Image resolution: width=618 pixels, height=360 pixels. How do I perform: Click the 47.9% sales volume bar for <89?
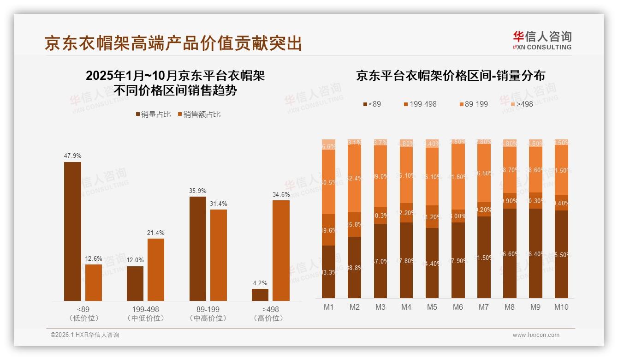point(72,231)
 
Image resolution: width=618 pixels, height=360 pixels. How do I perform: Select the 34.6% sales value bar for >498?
point(281,250)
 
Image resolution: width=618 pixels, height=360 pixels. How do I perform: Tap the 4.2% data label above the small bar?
point(260,283)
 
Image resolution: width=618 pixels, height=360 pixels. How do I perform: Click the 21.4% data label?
point(155,233)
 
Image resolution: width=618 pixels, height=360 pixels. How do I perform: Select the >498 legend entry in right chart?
point(521,104)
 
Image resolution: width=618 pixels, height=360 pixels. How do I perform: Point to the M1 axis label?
point(328,307)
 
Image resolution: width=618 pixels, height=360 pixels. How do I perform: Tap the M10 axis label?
point(561,307)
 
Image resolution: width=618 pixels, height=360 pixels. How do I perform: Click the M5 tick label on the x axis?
point(432,307)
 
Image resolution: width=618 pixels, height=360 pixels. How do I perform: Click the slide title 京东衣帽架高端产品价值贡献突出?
point(173,43)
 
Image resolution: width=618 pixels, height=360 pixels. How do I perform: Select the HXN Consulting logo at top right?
point(542,40)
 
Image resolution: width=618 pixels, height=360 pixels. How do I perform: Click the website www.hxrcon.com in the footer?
point(536,335)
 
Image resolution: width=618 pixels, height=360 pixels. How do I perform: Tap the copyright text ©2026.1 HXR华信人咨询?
point(84,335)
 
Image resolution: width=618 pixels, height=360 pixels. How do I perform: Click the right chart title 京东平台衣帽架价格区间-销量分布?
point(450,76)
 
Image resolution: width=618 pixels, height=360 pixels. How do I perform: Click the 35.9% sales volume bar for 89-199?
point(198,248)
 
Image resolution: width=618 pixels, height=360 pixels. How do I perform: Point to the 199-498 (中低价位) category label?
point(145,313)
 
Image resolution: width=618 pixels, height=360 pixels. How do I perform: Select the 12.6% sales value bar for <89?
point(94,282)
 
